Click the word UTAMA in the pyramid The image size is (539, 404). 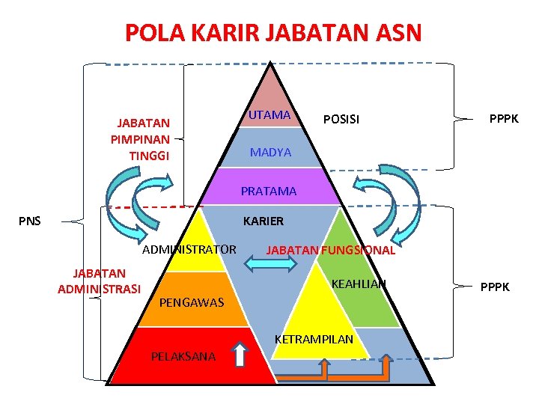click(269, 114)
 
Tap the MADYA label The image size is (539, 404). click(270, 152)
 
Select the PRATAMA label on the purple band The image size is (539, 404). click(268, 191)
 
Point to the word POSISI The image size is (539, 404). click(341, 119)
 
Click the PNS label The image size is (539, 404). click(30, 221)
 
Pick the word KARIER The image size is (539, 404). click(264, 221)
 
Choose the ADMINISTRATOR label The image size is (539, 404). click(189, 249)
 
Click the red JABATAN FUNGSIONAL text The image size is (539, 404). click(330, 250)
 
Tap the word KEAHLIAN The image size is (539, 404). click(359, 284)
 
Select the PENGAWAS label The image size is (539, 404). click(192, 303)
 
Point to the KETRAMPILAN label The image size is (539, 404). click(314, 339)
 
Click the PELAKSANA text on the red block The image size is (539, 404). click(183, 356)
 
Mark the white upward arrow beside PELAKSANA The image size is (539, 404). click(240, 355)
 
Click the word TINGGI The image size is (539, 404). click(149, 156)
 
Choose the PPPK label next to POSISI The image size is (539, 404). click(504, 119)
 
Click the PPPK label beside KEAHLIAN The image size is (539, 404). click(495, 286)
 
